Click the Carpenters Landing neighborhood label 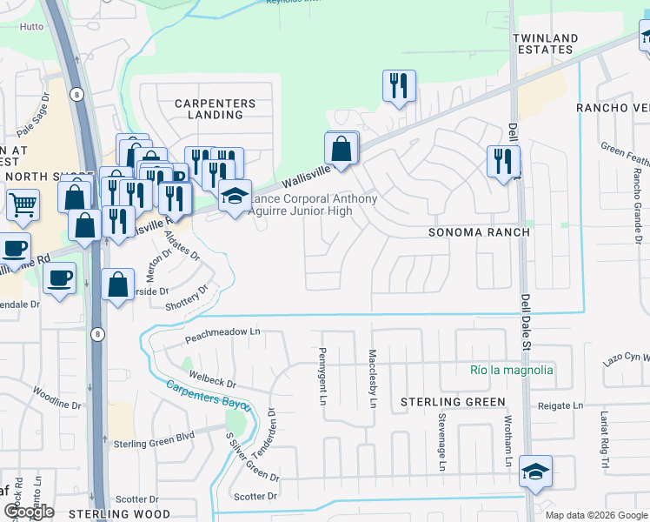pos(216,110)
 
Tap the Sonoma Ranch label pos(473,233)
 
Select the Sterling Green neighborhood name pos(453,402)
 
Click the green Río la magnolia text pos(511,370)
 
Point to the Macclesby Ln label pos(372,379)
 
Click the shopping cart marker pos(22,205)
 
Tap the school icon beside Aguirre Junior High pos(235,197)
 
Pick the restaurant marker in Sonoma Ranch pos(503,161)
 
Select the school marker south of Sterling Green pos(535,472)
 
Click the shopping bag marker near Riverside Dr pos(117,284)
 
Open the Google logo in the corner pos(30,512)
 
